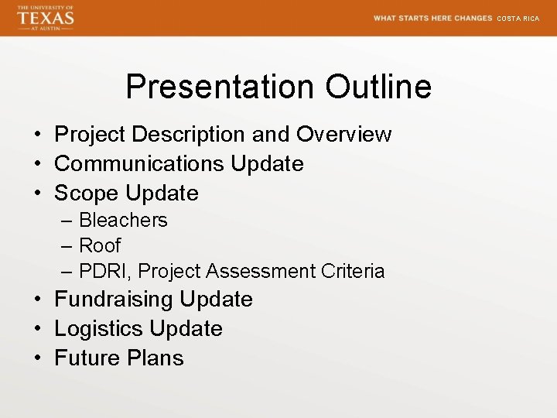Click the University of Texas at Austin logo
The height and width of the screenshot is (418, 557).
point(45,18)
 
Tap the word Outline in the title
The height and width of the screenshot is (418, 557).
point(378,87)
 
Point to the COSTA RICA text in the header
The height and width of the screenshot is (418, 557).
point(518,19)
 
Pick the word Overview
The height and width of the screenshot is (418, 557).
point(344,135)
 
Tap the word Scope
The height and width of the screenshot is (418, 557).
point(87,194)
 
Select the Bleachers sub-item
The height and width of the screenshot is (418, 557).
point(123,221)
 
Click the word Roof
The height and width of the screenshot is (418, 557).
point(100,246)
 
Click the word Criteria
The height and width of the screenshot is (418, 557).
point(353,272)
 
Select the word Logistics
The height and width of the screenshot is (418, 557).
point(99,329)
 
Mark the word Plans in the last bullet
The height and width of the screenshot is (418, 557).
point(159,358)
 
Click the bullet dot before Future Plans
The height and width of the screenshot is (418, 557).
point(38,358)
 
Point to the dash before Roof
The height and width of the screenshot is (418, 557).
point(65,246)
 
